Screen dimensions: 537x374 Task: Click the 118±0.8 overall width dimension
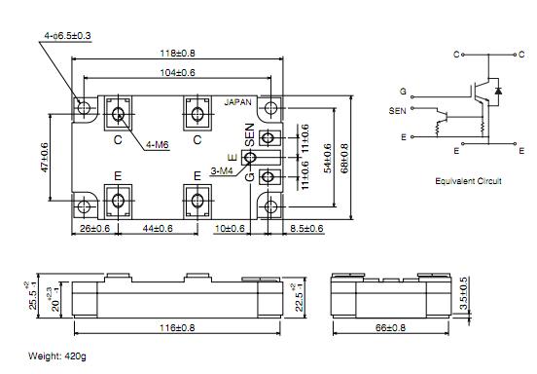(177, 54)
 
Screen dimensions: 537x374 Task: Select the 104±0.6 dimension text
(177, 73)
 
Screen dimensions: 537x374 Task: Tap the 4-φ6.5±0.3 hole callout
(67, 36)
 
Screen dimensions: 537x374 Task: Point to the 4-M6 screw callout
(158, 145)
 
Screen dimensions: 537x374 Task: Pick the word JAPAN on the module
(237, 102)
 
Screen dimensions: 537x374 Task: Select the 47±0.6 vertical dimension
(45, 158)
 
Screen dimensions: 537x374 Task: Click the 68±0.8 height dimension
(344, 158)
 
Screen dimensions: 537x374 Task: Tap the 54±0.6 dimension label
(328, 158)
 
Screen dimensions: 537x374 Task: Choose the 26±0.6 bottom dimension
(95, 228)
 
